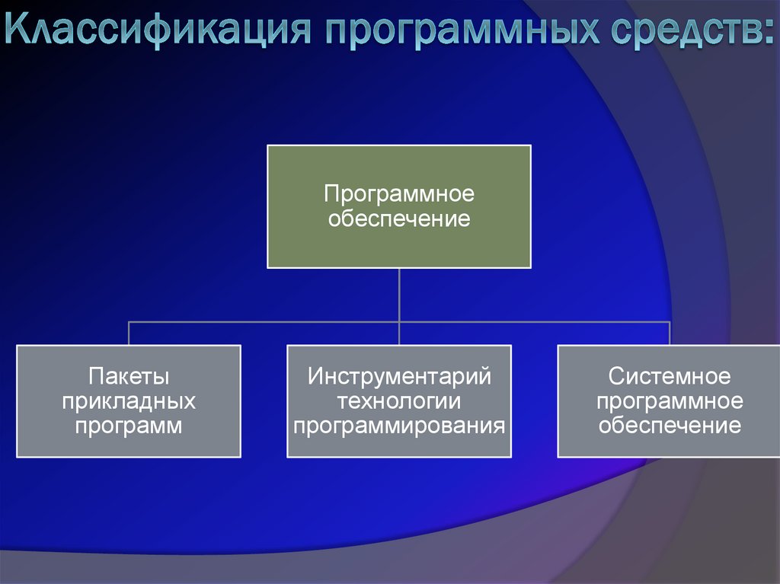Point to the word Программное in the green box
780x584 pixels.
pos(399,194)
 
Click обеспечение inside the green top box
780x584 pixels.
pos(399,220)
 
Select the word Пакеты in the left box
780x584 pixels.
pos(129,376)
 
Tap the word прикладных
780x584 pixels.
pos(129,401)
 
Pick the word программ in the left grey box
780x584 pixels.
pos(129,425)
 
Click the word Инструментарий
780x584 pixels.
pos(399,376)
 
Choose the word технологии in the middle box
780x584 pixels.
pos(399,401)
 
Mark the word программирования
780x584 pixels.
pos(399,425)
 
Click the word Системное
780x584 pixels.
pos(670,376)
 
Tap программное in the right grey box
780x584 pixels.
pos(670,401)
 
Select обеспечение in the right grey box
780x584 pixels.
pos(670,425)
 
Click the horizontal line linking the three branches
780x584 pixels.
pos(267,322)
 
